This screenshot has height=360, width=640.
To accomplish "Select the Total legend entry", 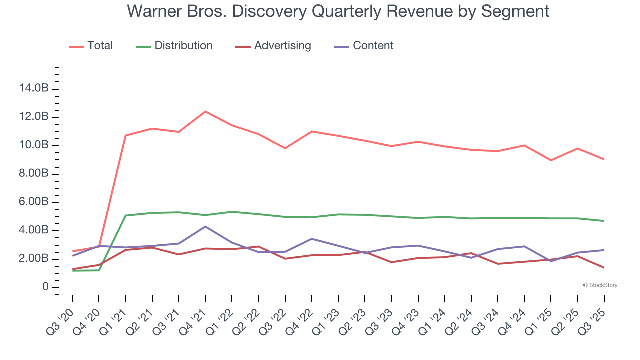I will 100,46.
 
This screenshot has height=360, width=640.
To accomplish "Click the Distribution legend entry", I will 183,46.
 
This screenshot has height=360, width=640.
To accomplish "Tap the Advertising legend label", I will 282,46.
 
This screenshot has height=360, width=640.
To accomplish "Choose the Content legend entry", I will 373,46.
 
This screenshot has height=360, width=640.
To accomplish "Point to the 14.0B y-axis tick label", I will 33,89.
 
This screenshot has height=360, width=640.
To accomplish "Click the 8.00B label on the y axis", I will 33,174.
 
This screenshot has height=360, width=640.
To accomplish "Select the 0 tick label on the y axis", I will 45,287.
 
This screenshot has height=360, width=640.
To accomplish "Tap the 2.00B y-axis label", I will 33,259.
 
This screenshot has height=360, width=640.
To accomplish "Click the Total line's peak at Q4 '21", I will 205,111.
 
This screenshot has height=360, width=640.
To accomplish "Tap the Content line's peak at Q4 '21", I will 205,226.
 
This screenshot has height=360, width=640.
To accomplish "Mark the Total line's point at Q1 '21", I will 126,135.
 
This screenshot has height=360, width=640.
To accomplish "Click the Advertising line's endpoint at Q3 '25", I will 604,267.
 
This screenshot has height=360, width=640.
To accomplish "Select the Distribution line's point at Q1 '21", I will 126,215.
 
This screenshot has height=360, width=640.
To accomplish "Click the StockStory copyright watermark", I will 600,285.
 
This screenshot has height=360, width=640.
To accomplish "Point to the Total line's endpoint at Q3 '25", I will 604,159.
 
